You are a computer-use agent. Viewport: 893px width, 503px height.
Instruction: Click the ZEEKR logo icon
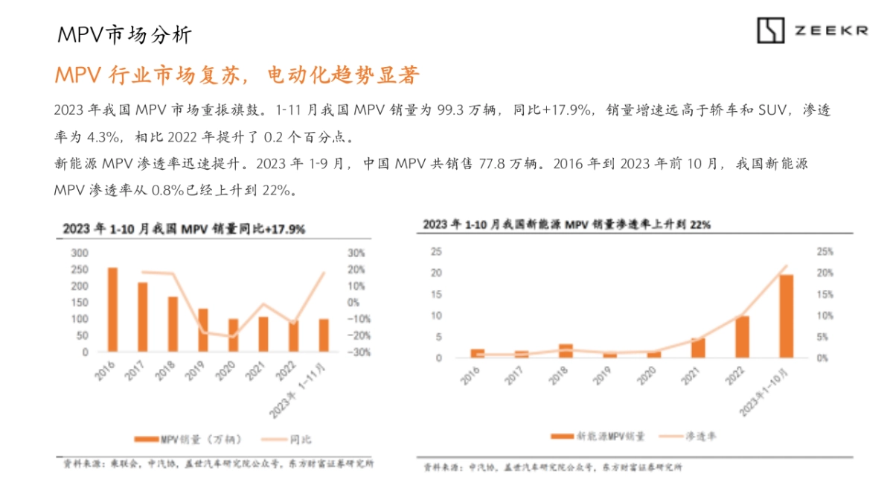tap(771, 30)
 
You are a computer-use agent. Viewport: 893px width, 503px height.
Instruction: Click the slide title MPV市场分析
tap(124, 34)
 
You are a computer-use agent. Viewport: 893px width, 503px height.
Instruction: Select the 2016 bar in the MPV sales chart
tap(112, 309)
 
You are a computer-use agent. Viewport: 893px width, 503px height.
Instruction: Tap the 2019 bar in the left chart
tap(202, 329)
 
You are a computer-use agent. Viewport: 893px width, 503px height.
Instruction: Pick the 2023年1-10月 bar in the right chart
tap(786, 316)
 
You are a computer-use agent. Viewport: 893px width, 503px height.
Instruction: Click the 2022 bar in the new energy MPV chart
tap(742, 337)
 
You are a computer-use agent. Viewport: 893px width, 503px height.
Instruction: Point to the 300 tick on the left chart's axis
tap(79, 253)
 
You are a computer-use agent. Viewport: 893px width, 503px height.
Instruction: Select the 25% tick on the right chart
tap(825, 252)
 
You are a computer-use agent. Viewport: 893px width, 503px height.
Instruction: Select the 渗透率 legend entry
tap(690, 435)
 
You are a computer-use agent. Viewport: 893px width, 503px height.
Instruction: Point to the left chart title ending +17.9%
tap(184, 229)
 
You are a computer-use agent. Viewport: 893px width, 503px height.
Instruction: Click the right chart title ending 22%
tap(567, 224)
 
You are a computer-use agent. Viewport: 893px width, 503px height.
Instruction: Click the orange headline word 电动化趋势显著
tap(344, 75)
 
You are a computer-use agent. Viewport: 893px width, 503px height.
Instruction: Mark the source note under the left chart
tap(218, 464)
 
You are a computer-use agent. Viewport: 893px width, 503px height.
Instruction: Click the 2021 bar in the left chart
tap(263, 334)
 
